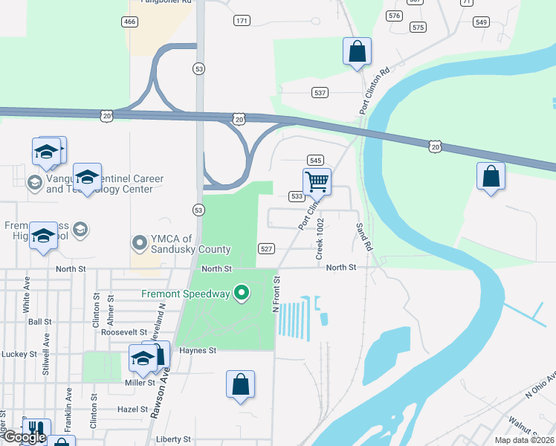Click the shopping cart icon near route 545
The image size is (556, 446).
point(317,181)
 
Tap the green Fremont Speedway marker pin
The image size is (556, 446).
point(241,294)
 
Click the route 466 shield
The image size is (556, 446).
point(130,22)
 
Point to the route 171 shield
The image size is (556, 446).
point(242,20)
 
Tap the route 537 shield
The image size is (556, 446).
point(320,93)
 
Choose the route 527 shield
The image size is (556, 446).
point(266,248)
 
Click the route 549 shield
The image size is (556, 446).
point(481,22)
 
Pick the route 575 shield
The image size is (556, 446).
point(418,28)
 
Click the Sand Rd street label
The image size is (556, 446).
point(363,236)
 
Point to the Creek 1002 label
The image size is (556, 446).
point(320,239)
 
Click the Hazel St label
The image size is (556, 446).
point(112,409)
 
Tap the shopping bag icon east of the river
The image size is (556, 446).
point(490,176)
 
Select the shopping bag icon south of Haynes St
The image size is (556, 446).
point(240,384)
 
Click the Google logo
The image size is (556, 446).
point(24,438)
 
